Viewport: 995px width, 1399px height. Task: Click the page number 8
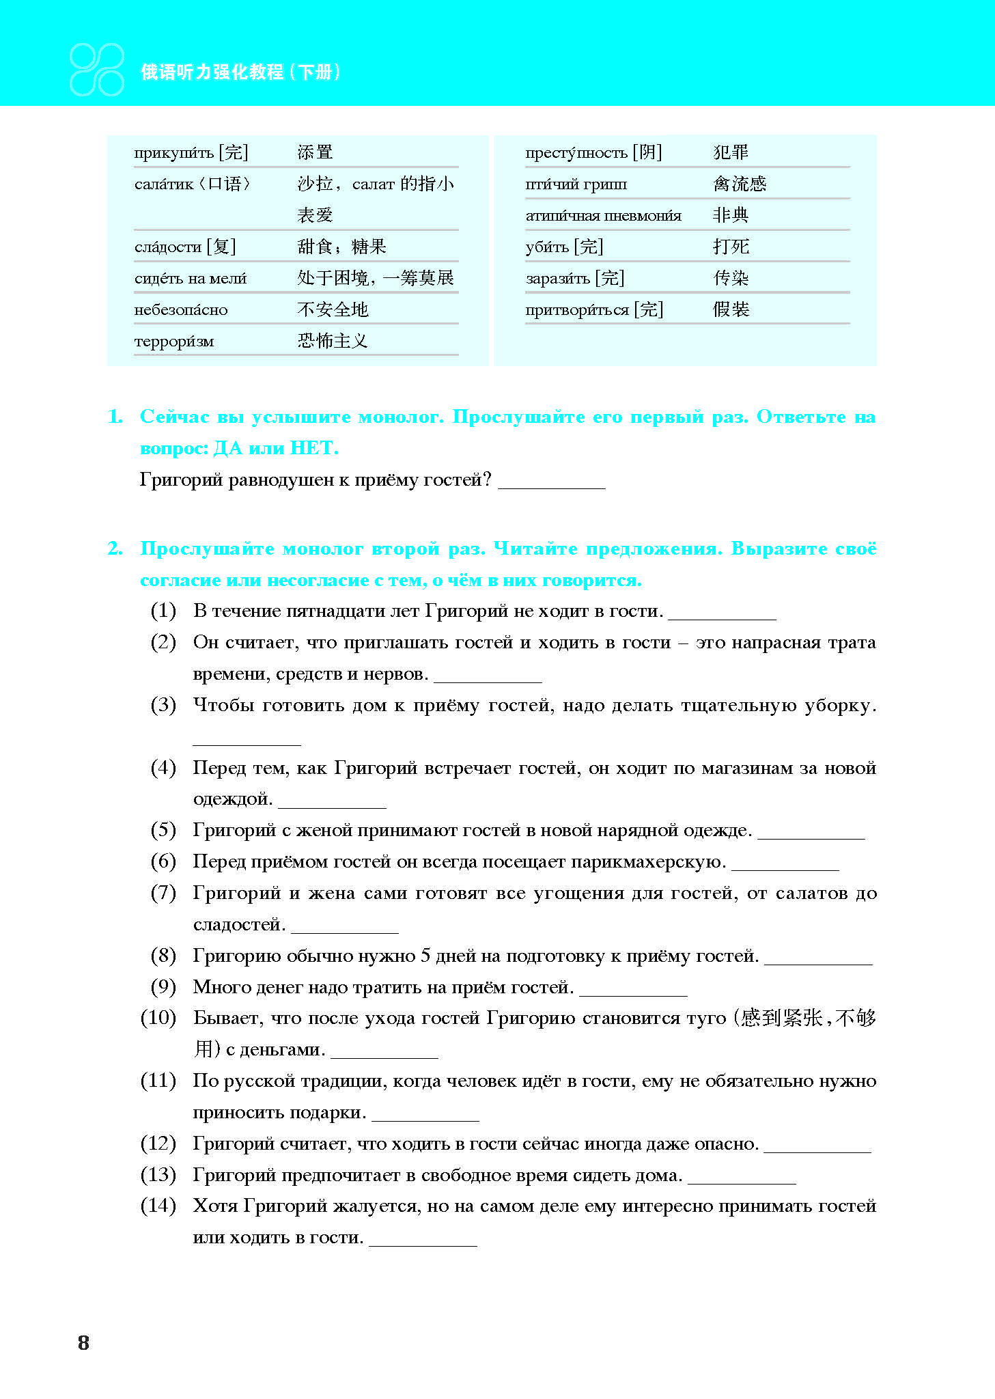click(x=83, y=1342)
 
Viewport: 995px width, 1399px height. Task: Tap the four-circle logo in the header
click(x=97, y=70)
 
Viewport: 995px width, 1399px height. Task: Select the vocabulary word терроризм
click(x=174, y=342)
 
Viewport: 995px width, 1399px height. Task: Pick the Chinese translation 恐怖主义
click(x=333, y=341)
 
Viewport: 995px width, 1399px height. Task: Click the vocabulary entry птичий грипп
click(x=576, y=184)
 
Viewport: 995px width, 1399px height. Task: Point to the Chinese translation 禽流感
click(x=740, y=184)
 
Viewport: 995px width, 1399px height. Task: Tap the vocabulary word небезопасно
click(x=181, y=310)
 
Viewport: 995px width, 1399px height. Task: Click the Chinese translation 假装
click(x=731, y=309)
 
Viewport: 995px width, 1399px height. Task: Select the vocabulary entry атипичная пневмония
click(x=603, y=216)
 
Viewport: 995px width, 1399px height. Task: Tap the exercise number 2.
click(x=115, y=549)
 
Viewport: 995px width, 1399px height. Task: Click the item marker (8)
click(x=163, y=956)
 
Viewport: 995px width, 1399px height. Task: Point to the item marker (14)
click(x=158, y=1206)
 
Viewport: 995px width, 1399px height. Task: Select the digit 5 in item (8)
click(x=425, y=956)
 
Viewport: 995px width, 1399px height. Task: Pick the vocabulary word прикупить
click(x=174, y=153)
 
